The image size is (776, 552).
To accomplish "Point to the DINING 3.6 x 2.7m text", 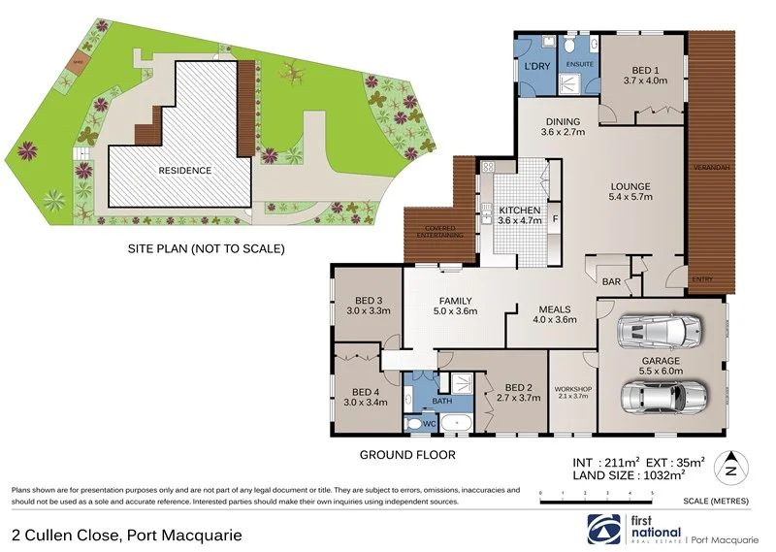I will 563,127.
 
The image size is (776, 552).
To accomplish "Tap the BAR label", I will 612,282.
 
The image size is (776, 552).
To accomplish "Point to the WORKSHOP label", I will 572,390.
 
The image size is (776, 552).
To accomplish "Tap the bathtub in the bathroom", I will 455,423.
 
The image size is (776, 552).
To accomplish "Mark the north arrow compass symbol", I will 732,468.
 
